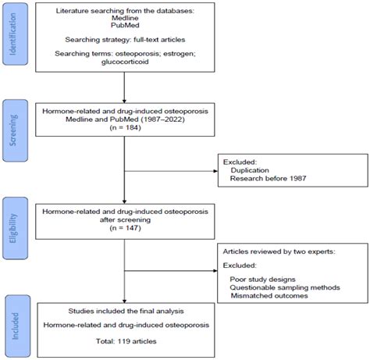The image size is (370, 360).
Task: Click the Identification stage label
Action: (13, 34)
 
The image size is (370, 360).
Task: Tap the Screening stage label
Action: (13, 130)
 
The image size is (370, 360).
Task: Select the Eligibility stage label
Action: (13, 228)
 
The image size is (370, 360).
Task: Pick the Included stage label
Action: (16, 326)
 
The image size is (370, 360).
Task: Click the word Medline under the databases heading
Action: (125, 18)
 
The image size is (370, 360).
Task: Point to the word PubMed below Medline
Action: (125, 25)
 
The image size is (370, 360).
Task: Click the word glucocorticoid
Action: (125, 62)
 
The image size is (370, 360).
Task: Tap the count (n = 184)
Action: (125, 128)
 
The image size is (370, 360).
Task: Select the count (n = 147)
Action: (125, 228)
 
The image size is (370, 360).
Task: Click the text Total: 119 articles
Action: (126, 341)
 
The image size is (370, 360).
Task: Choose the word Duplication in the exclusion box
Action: (250, 170)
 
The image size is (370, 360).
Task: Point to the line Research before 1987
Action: (268, 179)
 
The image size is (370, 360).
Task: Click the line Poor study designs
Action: (262, 280)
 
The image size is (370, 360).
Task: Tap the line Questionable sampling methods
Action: (285, 287)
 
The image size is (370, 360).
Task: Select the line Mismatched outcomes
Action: (269, 296)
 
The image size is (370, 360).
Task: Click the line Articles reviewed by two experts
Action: (279, 251)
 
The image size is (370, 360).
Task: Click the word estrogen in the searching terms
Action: (180, 54)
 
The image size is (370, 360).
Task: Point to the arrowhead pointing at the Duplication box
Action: (215, 171)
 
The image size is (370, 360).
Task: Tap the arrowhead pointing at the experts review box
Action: (215, 271)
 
